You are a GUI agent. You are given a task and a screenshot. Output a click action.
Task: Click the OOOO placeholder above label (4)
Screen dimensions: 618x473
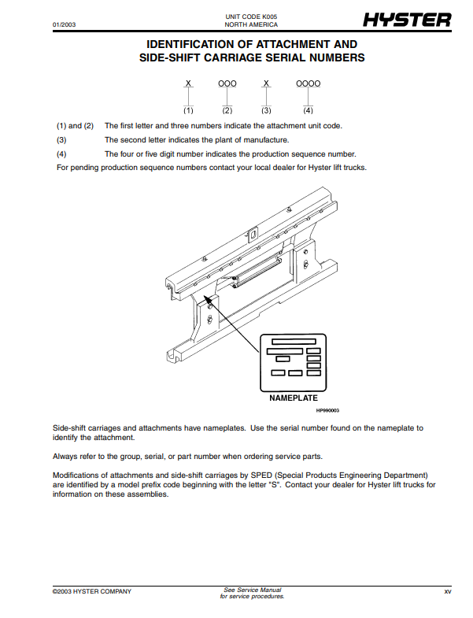tap(308, 83)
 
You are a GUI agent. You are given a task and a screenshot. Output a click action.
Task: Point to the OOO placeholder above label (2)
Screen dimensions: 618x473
tap(227, 83)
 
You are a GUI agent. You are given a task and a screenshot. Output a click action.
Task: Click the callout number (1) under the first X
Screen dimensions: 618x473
tap(188, 111)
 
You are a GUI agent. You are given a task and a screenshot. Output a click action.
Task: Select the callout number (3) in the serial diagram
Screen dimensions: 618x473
tap(267, 111)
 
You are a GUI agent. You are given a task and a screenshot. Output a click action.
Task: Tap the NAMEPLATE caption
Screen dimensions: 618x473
tap(293, 398)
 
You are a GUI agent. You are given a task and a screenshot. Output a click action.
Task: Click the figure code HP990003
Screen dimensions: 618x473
tap(327, 410)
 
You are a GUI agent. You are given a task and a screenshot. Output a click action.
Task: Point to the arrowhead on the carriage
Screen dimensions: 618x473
tap(207, 297)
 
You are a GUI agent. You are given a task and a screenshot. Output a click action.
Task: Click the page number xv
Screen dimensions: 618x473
tap(447, 591)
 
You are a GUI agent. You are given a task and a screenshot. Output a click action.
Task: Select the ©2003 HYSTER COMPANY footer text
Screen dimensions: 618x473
tap(92, 591)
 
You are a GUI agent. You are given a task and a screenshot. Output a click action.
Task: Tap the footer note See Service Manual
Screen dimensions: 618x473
tap(252, 590)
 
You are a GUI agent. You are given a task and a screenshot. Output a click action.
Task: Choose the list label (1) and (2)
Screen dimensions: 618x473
tap(75, 126)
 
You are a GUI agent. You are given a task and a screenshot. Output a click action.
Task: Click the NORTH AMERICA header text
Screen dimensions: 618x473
tap(246, 25)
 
